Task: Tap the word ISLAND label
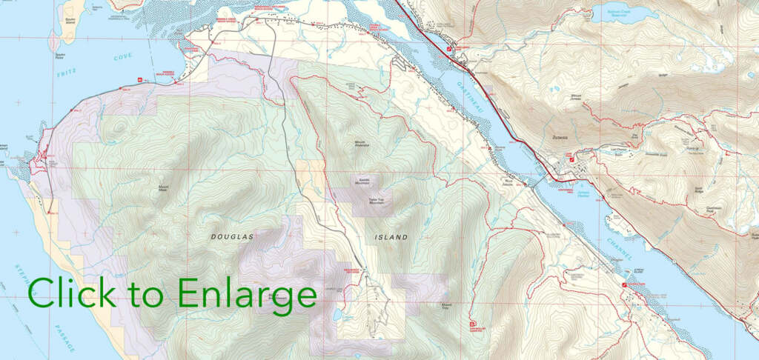[390, 237]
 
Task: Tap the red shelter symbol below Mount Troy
[472, 323]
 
